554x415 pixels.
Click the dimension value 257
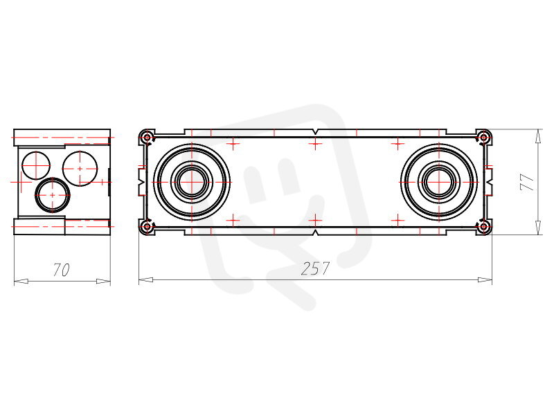(315, 268)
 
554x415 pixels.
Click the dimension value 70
(62, 270)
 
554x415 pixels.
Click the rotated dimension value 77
(527, 182)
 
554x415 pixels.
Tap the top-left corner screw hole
(147, 137)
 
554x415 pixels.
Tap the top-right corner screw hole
(483, 136)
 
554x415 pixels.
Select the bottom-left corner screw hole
(147, 227)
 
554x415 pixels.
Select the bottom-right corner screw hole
(483, 227)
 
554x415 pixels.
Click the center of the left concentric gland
(192, 182)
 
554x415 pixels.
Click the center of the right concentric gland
(439, 182)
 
